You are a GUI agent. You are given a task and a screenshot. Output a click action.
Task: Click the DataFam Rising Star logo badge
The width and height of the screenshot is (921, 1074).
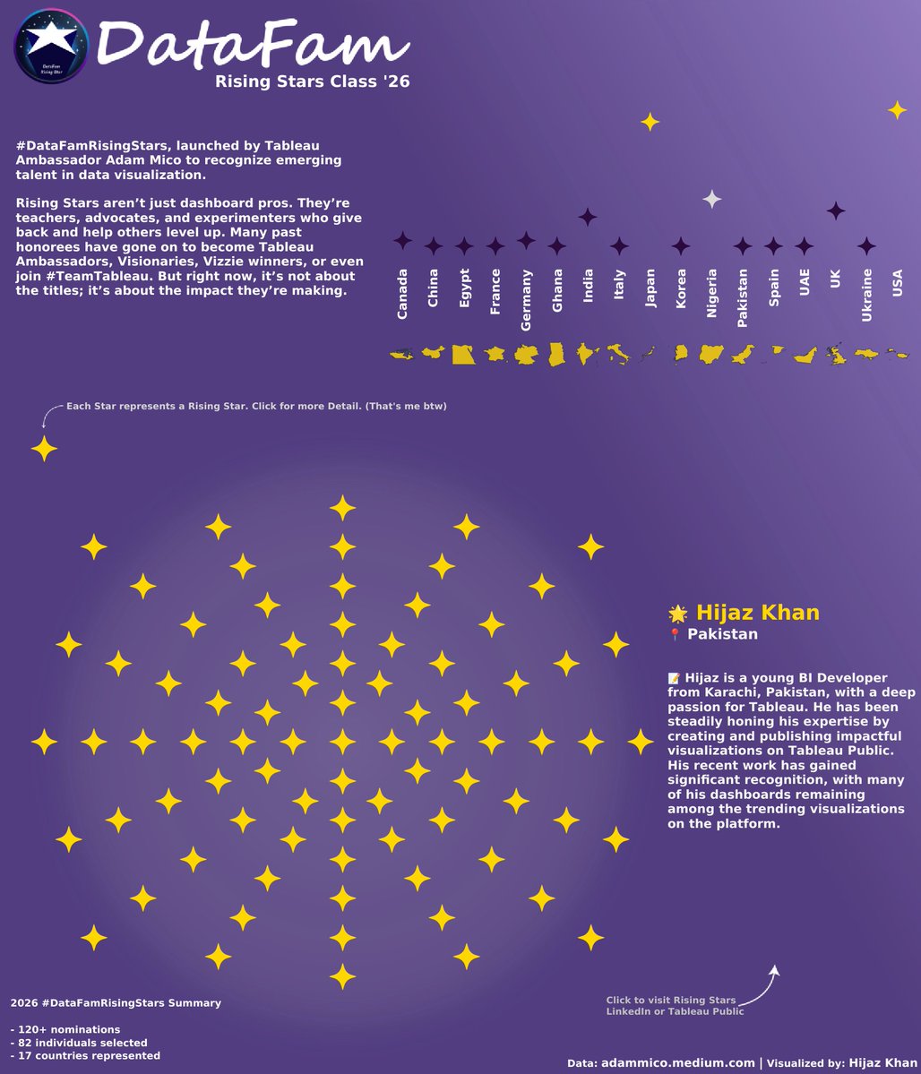point(52,47)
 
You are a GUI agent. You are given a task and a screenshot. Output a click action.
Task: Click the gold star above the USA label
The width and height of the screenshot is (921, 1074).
point(897,110)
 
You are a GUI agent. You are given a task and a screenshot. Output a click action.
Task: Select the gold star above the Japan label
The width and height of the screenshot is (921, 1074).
point(650,122)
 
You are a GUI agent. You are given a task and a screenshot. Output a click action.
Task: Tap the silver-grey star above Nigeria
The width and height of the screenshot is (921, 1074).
point(711,200)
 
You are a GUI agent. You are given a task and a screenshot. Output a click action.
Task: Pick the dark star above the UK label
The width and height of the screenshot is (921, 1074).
point(835,211)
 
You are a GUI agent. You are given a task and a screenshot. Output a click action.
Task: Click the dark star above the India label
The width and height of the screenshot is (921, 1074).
point(588,217)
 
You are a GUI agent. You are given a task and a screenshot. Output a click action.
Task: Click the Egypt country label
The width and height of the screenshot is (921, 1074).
point(464,289)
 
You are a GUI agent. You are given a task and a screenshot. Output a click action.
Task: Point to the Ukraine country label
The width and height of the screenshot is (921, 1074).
point(866,295)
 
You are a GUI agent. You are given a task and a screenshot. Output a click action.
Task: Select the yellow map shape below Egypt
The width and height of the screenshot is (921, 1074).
point(463,355)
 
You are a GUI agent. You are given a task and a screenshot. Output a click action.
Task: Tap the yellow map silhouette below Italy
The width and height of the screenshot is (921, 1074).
point(618,355)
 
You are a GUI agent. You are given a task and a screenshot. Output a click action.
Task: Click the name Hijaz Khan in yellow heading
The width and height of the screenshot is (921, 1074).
point(757,613)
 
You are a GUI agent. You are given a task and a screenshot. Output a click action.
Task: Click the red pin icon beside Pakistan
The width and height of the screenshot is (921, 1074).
point(676,635)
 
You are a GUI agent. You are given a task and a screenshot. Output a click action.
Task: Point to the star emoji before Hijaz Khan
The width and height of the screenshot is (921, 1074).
point(678,614)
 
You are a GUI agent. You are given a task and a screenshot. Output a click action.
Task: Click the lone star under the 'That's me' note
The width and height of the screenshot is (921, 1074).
point(44,448)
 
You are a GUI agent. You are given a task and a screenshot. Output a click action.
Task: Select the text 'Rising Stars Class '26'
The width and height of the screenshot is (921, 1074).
point(313,82)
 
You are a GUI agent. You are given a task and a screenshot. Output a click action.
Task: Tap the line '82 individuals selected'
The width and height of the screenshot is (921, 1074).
point(79,1043)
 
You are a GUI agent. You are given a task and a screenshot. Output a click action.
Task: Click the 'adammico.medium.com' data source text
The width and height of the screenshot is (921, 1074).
point(677,1062)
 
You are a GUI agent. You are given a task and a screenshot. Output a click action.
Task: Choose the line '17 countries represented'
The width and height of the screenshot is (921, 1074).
point(85,1056)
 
